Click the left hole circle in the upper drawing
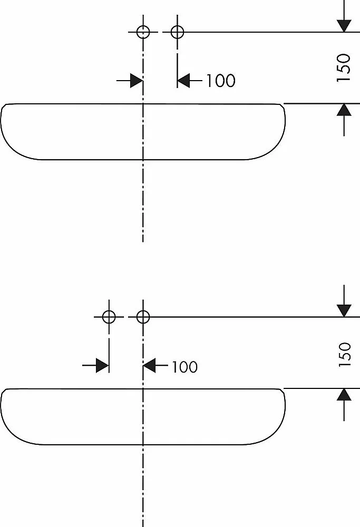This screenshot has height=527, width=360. (x=143, y=26)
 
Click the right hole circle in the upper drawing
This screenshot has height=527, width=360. (x=177, y=26)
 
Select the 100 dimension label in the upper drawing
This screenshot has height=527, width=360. (x=220, y=81)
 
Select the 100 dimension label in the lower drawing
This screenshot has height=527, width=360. (x=184, y=367)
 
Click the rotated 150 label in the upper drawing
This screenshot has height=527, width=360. (x=344, y=67)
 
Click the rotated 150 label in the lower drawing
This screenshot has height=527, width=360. (x=345, y=355)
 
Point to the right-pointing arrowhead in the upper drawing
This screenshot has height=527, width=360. (x=137, y=81)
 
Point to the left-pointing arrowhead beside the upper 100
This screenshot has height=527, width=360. (x=183, y=81)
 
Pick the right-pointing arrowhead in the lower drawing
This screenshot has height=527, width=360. (x=103, y=365)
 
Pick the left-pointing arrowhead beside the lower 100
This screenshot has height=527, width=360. (x=149, y=365)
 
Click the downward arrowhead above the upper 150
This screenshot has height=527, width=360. (x=344, y=26)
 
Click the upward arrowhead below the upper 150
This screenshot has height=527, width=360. (x=344, y=110)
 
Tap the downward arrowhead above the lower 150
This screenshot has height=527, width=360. (x=344, y=310)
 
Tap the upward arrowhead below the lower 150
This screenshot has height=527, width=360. (x=344, y=395)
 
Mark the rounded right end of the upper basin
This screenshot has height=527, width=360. (x=285, y=121)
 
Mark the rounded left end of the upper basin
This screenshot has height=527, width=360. (x=2, y=121)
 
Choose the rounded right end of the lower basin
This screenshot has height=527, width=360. (x=285, y=406)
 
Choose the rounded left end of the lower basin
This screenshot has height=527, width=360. (x=2, y=406)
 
